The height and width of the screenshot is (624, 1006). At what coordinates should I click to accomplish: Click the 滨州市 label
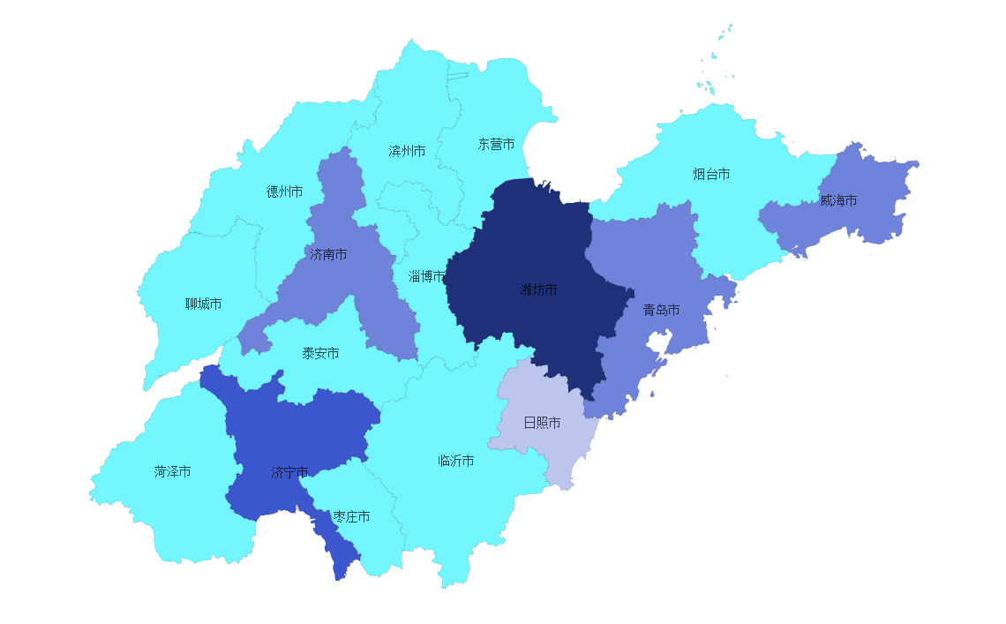coord(407,151)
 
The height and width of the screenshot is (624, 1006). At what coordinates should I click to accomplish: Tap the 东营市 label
coord(496,144)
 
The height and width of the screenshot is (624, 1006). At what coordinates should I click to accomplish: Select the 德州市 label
coord(284,192)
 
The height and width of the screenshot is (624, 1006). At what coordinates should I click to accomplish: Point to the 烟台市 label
coord(711,174)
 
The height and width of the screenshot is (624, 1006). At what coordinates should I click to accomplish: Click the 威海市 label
coord(838,200)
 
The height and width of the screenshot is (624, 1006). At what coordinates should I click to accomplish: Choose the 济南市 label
coord(328,254)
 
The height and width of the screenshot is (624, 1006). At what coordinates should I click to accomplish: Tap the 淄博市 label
coord(426,276)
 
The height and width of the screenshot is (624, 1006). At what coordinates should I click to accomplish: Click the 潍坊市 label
coord(538,289)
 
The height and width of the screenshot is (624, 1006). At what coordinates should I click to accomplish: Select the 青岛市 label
coord(661,310)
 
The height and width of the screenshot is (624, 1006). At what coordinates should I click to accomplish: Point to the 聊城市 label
coord(203,304)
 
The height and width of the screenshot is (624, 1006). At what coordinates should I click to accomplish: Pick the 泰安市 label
coord(320,353)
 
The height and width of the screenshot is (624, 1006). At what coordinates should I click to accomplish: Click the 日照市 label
coord(542,423)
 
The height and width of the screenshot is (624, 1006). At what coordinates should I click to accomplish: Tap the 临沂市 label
coord(456,461)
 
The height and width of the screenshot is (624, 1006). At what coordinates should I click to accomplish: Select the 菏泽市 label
coord(172,471)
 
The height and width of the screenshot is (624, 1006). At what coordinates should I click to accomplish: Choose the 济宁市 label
coord(289,472)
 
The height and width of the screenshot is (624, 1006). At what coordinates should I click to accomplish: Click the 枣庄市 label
coord(351,516)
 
